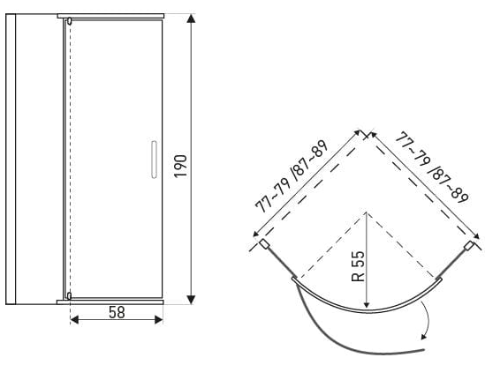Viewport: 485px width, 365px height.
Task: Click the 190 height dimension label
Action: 180,166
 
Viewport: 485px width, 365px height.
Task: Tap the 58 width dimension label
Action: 117,312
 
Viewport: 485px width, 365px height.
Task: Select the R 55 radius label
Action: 358,266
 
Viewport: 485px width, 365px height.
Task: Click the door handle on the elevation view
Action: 154,160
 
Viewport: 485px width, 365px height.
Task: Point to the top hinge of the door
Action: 69,21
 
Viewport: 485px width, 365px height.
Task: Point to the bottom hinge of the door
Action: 69,296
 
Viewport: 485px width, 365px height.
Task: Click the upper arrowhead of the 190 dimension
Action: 192,19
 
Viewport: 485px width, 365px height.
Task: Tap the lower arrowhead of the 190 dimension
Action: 191,300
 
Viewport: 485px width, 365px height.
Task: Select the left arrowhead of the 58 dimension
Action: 74,320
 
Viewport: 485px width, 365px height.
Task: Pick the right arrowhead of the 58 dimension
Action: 159,320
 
